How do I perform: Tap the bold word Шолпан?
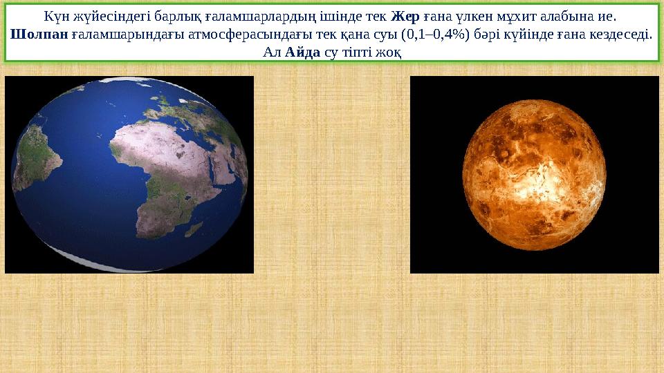coord(40,34)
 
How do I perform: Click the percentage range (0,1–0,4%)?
coord(439,34)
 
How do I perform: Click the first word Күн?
coord(57,15)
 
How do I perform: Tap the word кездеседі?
coord(623,34)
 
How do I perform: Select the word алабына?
coord(578,15)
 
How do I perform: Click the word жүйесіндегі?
coord(113,15)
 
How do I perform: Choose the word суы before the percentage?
coord(386,34)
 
